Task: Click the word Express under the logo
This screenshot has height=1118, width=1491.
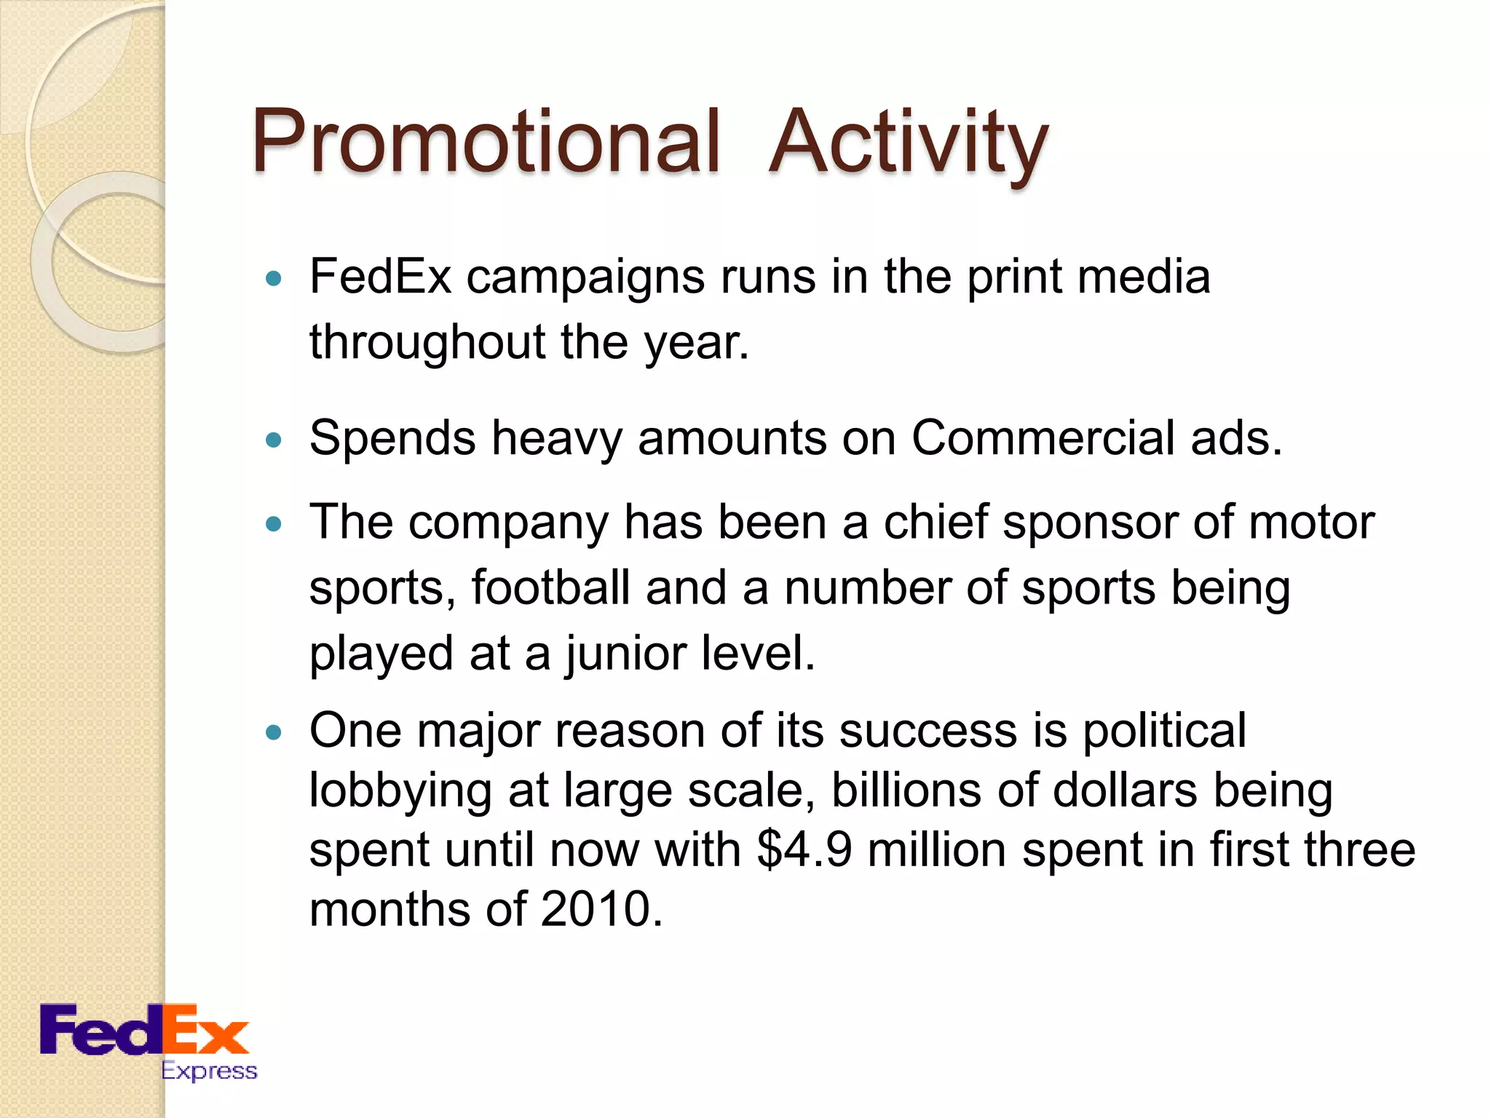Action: coord(209,1071)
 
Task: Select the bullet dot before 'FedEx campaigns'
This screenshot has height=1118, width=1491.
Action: coord(274,278)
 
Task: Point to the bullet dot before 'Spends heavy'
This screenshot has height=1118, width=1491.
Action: coord(274,440)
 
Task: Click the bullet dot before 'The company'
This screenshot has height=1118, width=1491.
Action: coord(274,523)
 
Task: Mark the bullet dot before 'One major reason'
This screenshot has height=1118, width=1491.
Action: coord(274,732)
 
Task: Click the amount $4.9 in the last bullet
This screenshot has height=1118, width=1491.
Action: coord(804,850)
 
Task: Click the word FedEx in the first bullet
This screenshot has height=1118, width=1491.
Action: coord(380,277)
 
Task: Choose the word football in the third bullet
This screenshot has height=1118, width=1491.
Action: coord(550,588)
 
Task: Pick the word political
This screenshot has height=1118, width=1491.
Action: coord(1164,731)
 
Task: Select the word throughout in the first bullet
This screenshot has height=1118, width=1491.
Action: coord(427,342)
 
